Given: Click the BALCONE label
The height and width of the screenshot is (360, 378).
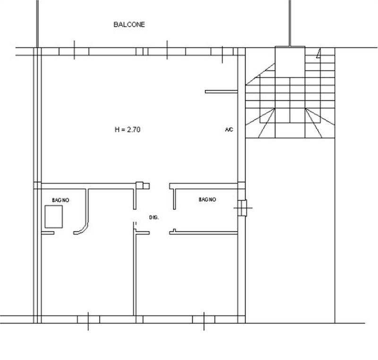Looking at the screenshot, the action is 129,25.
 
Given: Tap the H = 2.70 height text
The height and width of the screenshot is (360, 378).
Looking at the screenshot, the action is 128,130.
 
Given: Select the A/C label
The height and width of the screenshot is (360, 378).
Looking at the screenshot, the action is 229,130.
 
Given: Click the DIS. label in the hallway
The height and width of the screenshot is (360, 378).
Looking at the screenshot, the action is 154,218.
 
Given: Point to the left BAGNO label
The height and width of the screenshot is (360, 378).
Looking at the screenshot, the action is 60,200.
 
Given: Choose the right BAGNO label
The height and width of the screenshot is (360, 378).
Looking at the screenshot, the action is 207,199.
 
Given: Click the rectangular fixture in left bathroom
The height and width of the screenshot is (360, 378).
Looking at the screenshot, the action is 53,217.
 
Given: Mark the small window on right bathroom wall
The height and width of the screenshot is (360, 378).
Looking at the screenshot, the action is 242,208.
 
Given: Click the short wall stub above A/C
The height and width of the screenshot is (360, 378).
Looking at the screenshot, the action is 221,92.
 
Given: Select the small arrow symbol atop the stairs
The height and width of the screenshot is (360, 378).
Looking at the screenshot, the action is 318,53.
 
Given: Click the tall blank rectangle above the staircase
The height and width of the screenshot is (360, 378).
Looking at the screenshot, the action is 290,62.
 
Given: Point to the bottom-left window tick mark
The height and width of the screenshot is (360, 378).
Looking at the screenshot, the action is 88,321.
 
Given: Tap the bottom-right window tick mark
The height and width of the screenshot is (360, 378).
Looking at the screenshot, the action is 204,321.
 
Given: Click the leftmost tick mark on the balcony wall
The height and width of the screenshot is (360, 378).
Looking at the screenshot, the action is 74,50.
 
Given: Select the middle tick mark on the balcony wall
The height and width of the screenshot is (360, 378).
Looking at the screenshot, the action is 167,50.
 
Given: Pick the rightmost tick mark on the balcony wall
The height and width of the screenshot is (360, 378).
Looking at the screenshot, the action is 222,55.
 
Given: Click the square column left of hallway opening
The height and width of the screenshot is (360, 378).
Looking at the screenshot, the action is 139,185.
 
